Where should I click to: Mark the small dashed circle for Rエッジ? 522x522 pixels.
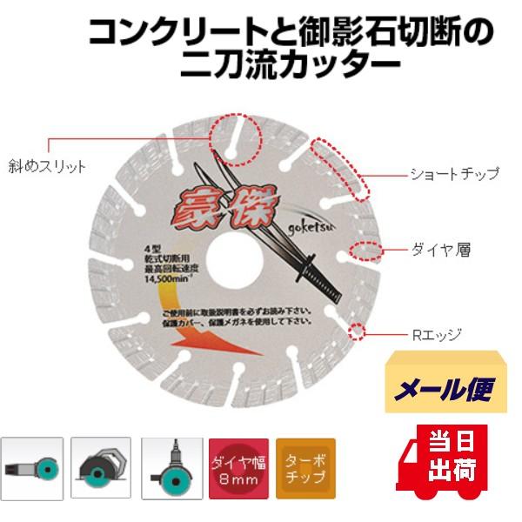356,331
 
